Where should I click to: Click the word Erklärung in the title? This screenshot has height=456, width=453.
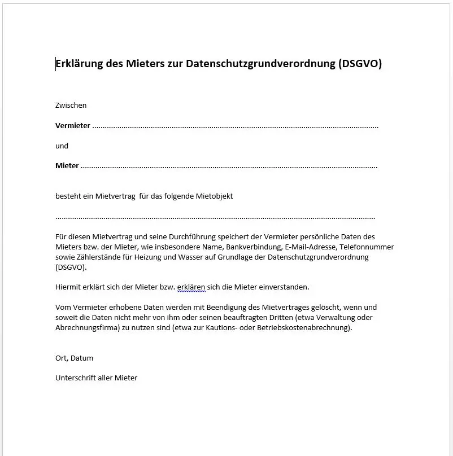point(79,64)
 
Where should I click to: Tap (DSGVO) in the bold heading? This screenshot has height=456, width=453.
point(360,64)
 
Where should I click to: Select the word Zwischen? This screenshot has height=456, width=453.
point(71,105)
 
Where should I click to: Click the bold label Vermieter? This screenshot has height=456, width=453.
point(73,126)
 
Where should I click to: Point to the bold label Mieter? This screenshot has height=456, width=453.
point(67,166)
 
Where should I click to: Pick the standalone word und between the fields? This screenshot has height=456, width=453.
point(62,146)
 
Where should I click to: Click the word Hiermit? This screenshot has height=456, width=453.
point(69,287)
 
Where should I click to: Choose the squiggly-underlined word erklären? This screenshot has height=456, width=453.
point(191,287)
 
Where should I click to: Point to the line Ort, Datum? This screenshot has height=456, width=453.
point(74,358)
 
